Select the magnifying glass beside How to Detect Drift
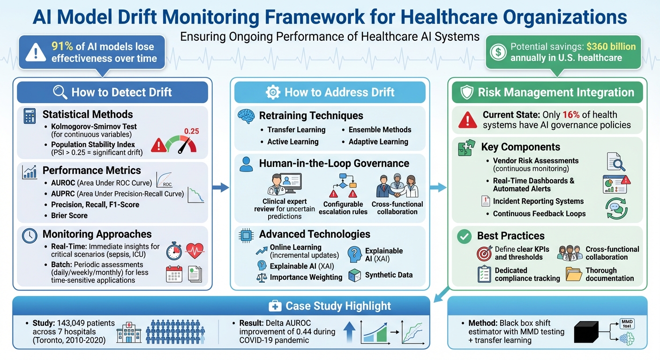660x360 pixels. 60,92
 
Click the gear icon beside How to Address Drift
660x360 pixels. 272,92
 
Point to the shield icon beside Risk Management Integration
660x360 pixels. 467,92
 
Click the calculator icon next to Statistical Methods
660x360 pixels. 30,116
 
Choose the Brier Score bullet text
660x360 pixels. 69,216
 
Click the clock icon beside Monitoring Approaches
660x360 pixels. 30,235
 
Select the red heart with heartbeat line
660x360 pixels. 195,251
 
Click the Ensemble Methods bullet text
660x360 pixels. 380,130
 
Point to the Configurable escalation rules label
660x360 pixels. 343,208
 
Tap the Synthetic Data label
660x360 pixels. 389,275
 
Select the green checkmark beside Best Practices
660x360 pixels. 464,237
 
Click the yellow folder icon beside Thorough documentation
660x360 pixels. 574,274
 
